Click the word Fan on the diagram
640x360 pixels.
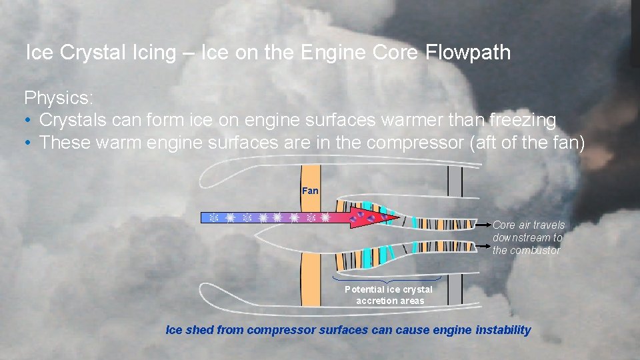310,191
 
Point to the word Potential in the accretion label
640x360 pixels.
364,289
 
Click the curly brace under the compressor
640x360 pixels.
387,279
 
